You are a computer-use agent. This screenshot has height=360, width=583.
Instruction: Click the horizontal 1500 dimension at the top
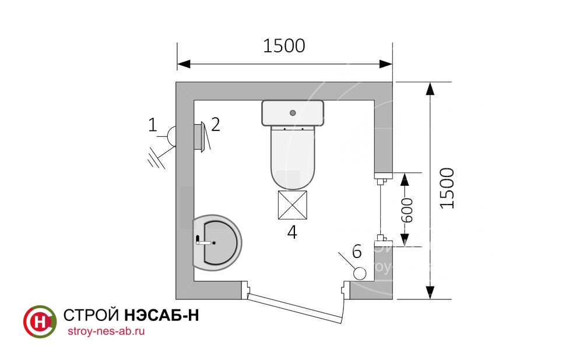pos(284,45)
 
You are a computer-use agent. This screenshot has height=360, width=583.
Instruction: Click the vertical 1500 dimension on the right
pos(447,188)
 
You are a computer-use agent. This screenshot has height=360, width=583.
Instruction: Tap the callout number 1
pos(152,125)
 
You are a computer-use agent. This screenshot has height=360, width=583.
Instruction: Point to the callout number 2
pos(216,125)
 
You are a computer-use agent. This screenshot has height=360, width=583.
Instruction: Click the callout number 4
pos(292,232)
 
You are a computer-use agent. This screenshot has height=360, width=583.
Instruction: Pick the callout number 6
pos(357,252)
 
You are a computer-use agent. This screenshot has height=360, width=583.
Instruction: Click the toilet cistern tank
pos(293,113)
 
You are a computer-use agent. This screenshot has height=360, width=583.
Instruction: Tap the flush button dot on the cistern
pos(293,112)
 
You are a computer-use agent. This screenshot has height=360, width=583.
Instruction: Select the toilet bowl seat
pos(293,158)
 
